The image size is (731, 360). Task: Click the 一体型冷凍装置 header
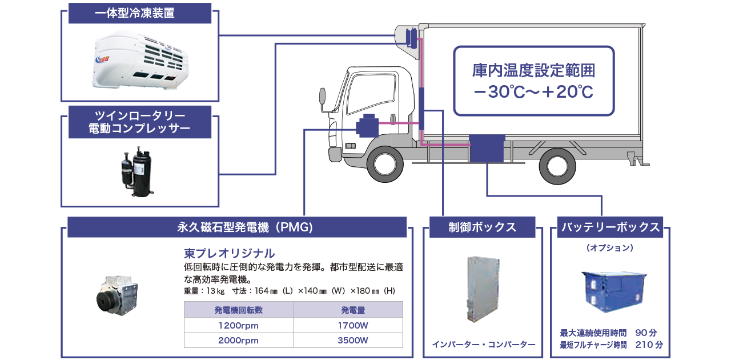(140, 13)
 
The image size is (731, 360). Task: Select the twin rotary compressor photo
(136, 171)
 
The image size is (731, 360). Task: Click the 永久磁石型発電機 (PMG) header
(237, 227)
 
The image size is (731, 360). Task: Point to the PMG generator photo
(117, 295)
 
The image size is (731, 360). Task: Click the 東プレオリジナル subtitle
(230, 254)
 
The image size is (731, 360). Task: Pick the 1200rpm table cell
(239, 325)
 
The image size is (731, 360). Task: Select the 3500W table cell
(353, 341)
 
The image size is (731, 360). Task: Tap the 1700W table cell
(353, 325)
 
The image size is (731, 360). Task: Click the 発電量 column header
(353, 310)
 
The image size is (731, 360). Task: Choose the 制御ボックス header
(483, 227)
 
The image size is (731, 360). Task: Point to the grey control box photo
(483, 290)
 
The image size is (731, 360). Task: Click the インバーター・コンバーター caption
(484, 345)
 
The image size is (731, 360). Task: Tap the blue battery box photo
(614, 291)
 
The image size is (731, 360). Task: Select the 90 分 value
(646, 333)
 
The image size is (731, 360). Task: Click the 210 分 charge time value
(649, 345)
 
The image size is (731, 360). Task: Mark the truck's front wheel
(385, 165)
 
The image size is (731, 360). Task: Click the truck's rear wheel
(557, 166)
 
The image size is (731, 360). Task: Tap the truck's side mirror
(323, 97)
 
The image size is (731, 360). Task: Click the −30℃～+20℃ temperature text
(533, 92)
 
